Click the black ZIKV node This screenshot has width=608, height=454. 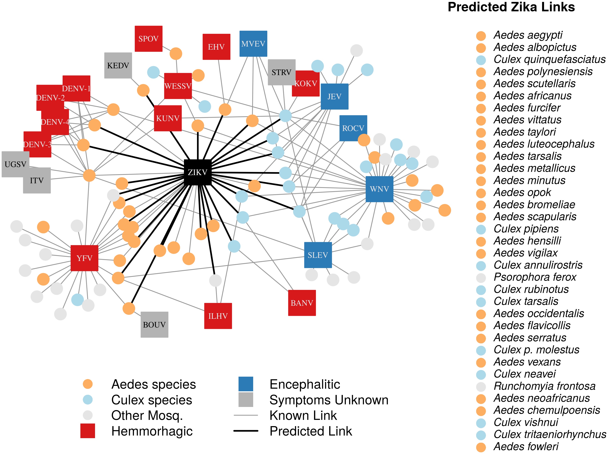click(x=197, y=172)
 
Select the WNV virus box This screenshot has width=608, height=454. click(x=379, y=189)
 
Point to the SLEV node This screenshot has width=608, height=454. click(x=318, y=255)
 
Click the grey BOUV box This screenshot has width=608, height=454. click(x=154, y=324)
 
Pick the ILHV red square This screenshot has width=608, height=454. click(x=218, y=316)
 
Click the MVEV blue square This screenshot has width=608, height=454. click(x=253, y=44)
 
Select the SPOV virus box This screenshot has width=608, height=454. click(x=148, y=39)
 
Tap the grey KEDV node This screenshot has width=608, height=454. click(x=118, y=65)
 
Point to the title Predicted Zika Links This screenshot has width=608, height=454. click(x=511, y=7)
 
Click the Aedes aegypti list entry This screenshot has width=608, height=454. click(x=528, y=35)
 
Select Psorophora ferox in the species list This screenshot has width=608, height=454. click(x=535, y=277)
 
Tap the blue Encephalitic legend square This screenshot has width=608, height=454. click(x=246, y=384)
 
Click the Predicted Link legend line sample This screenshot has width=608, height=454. click(x=246, y=431)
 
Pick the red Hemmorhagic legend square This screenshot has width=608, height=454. click(x=88, y=431)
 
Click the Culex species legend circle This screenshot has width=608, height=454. click(x=88, y=400)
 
